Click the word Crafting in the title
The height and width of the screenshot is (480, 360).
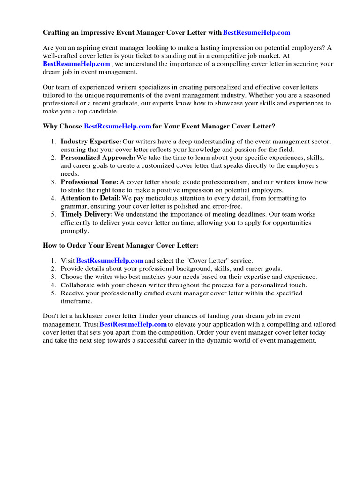click(x=57, y=33)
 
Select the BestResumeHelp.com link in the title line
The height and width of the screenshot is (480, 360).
click(x=256, y=33)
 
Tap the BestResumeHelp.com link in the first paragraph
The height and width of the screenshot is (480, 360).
click(x=76, y=64)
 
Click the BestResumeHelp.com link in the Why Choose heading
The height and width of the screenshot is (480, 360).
click(x=118, y=126)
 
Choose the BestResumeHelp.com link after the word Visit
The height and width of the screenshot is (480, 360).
click(x=110, y=260)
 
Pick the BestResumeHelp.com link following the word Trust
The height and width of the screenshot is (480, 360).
click(x=133, y=324)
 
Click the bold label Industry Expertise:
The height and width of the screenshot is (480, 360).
click(x=91, y=142)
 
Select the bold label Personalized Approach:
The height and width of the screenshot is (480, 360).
click(x=98, y=157)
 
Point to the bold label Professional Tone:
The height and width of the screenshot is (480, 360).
click(x=90, y=182)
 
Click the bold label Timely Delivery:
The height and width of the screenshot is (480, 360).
click(x=87, y=214)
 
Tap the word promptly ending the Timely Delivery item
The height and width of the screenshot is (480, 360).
click(x=75, y=231)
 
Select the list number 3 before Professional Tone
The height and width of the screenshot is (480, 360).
click(x=53, y=182)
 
